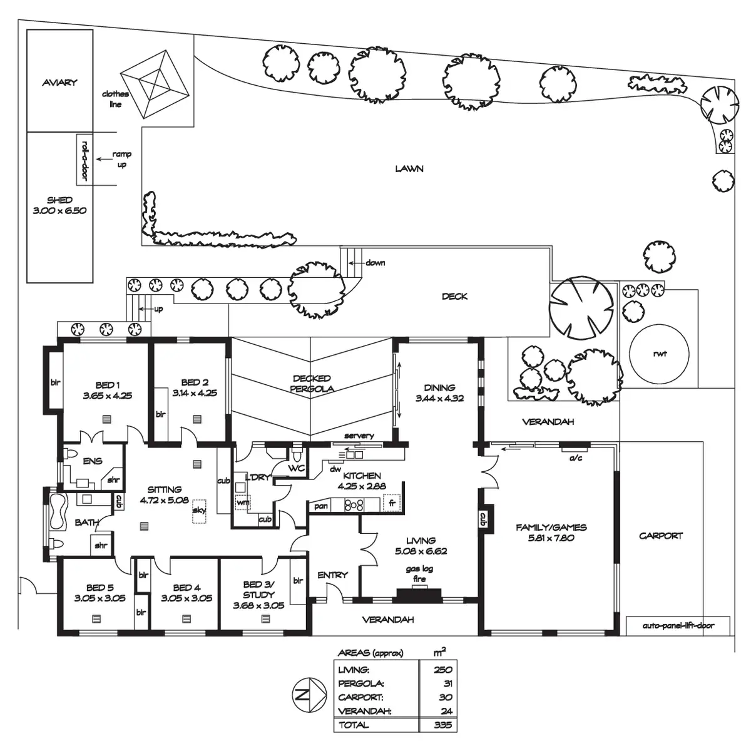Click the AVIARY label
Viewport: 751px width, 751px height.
(59, 82)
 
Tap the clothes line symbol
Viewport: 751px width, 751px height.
(155, 83)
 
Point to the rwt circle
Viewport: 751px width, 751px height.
(659, 354)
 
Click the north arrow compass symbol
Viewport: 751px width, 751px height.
(308, 695)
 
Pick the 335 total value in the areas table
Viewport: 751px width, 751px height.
(442, 725)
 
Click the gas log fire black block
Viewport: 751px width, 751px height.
(417, 596)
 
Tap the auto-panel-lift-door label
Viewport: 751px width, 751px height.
(678, 625)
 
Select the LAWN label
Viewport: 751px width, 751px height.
(409, 168)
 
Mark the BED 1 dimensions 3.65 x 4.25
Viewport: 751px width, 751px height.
(107, 396)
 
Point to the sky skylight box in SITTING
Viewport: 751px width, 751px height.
(200, 509)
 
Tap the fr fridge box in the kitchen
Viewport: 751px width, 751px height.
(392, 503)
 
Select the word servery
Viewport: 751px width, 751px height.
(359, 436)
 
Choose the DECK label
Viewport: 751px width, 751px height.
(454, 296)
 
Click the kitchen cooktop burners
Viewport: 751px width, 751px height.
(354, 504)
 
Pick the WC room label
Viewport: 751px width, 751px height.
(296, 468)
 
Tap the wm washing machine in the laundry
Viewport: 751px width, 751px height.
(242, 502)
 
